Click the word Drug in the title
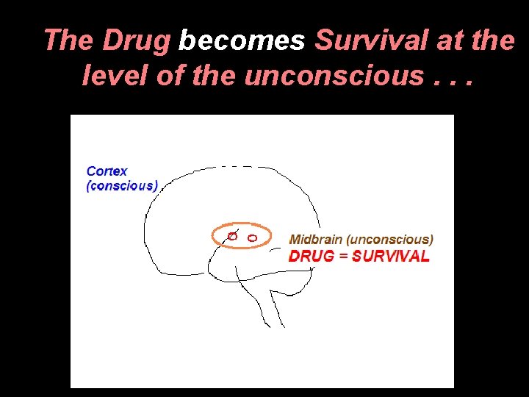pyautogui.click(x=136, y=41)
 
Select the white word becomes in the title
pyautogui.click(x=242, y=41)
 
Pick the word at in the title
pyautogui.click(x=450, y=41)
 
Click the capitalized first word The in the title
pyautogui.click(x=69, y=41)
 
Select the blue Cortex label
pyautogui.click(x=107, y=171)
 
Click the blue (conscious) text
pyautogui.click(x=122, y=186)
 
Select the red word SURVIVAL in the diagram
pyautogui.click(x=391, y=256)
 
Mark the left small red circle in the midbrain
pyautogui.click(x=231, y=236)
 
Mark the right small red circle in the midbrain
pyautogui.click(x=252, y=237)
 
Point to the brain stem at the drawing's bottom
pyautogui.click(x=271, y=309)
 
